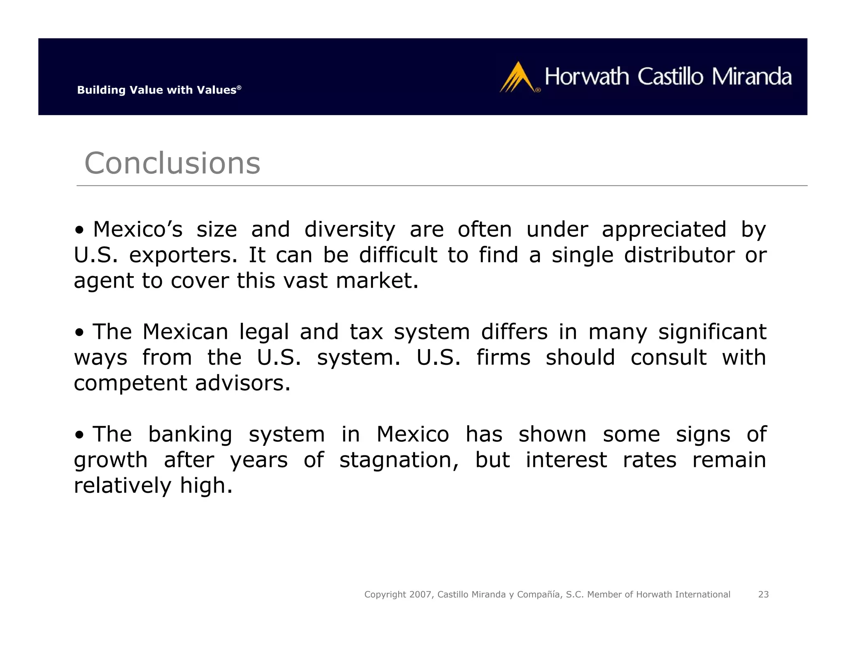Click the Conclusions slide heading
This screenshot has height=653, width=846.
point(172,163)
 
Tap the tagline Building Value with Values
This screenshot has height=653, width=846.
point(159,90)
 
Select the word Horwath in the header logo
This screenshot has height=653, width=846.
point(587,77)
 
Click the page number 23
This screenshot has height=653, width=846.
point(763,594)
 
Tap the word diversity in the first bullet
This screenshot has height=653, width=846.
point(349,229)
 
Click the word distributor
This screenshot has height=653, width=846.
point(679,255)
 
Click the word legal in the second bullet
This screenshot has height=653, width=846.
point(264,332)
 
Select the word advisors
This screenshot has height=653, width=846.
point(243,383)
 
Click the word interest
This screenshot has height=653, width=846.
point(566,460)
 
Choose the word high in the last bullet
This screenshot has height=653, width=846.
point(206,485)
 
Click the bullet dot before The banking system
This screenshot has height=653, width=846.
point(79,435)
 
